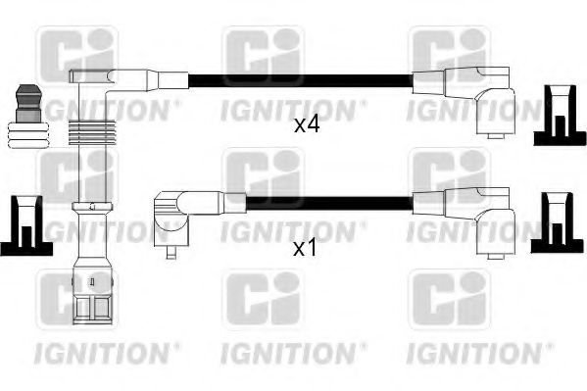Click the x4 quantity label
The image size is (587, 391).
[x=307, y=125]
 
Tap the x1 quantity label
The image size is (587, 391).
[x=306, y=248]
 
